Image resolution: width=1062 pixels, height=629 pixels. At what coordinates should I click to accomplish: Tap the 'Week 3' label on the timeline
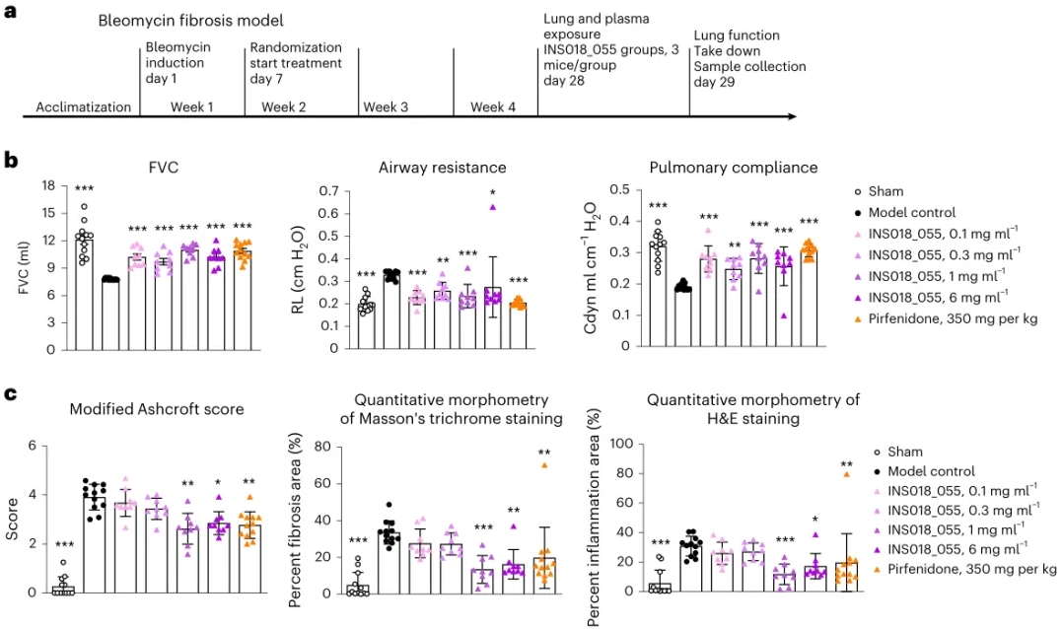386,106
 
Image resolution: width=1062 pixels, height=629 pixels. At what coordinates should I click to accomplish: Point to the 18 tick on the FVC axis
44,184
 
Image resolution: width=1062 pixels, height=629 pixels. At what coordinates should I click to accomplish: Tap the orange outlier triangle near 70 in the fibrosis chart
543,464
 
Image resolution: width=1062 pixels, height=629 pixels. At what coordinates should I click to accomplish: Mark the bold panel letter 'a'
9,13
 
